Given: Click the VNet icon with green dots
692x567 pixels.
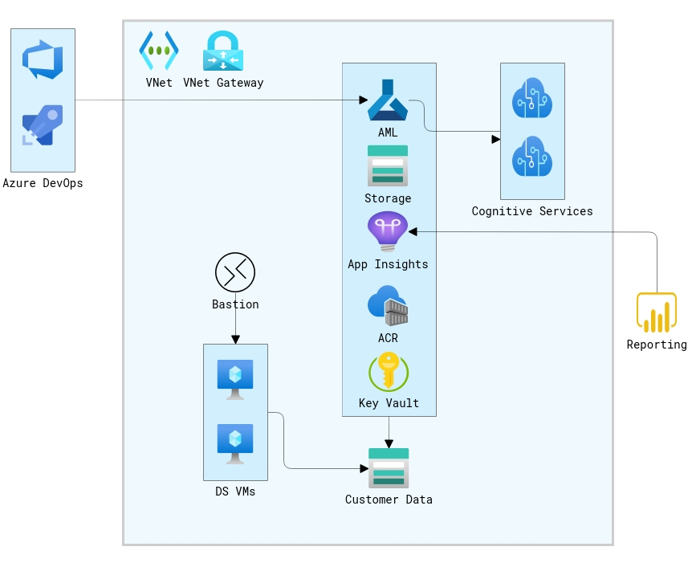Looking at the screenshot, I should tap(159, 51).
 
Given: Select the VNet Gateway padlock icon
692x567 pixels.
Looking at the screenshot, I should tap(223, 51).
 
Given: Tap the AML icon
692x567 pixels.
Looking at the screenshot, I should tap(388, 100).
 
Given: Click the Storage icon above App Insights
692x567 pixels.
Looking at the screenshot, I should tap(388, 165).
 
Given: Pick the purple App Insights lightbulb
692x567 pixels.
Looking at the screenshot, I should tap(388, 231).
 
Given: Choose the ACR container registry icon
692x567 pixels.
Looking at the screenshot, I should tap(388, 306).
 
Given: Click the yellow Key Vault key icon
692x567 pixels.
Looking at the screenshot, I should tap(389, 371).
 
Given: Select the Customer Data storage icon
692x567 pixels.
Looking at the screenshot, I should tap(389, 468).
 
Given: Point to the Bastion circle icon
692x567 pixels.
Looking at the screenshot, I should tap(235, 272).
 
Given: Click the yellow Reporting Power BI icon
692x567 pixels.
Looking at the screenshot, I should tap(657, 312).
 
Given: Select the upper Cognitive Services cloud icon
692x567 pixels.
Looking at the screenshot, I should tap(532, 98).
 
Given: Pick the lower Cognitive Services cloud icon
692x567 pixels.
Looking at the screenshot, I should tap(532, 157).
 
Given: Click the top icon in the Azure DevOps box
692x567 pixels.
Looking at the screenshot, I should tap(43, 60).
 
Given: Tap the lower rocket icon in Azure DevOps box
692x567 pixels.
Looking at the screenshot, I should tap(43, 125).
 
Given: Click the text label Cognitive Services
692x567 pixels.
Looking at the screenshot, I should tap(532, 211).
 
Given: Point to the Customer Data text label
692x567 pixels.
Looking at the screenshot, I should tap(389, 500).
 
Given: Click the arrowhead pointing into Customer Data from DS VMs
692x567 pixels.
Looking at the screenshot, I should tap(364, 468).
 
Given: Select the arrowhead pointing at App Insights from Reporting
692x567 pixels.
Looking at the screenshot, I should tap(413, 231).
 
